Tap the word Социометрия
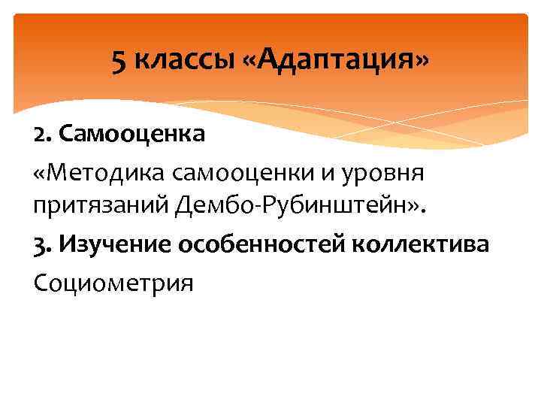point(113,283)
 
